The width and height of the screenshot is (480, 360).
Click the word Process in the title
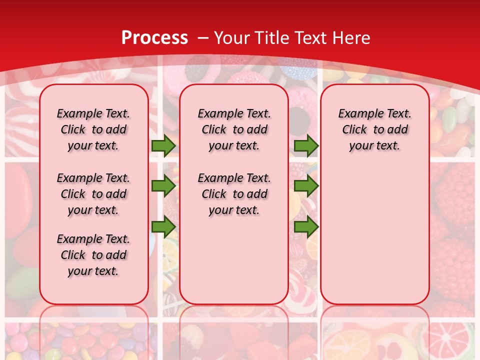click(x=154, y=38)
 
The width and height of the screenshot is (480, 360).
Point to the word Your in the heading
click(x=233, y=38)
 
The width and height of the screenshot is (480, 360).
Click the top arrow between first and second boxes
click(x=163, y=145)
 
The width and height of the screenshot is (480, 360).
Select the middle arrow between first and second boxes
click(x=163, y=186)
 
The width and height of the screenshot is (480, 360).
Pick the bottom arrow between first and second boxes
click(x=163, y=227)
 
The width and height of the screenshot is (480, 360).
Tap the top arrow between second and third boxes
click(x=306, y=145)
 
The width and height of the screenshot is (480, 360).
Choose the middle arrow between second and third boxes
click(x=306, y=186)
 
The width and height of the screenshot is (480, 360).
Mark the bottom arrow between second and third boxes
click(x=306, y=227)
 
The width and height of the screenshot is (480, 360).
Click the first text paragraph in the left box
click(x=93, y=129)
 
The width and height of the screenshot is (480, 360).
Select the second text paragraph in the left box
click(x=93, y=194)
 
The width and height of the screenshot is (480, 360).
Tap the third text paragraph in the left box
click(x=93, y=255)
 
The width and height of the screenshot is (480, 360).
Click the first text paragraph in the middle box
click(x=234, y=129)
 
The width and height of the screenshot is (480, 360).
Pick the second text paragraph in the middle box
click(x=234, y=194)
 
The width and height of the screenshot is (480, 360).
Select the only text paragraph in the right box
click(x=374, y=129)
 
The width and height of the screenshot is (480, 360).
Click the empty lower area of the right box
click(x=374, y=235)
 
